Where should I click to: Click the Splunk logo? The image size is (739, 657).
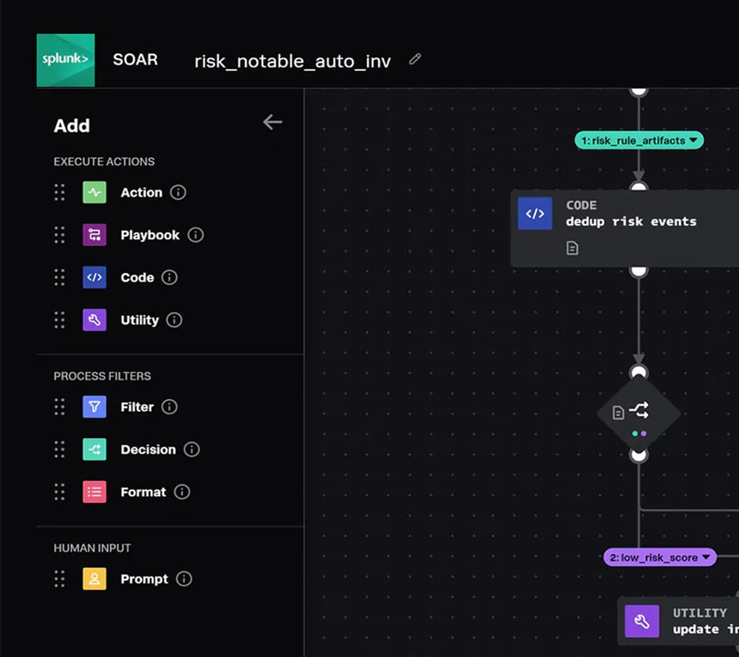click(66, 60)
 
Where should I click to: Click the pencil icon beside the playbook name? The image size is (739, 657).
click(415, 60)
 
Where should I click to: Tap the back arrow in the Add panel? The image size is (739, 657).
click(272, 121)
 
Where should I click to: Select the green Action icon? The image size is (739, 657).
click(94, 193)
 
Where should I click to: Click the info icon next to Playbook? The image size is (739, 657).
click(196, 235)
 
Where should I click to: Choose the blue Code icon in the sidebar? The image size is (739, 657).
click(94, 278)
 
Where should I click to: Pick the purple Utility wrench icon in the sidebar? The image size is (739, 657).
click(94, 321)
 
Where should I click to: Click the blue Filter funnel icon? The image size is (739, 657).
click(94, 407)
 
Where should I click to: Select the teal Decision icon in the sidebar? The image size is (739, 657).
click(94, 450)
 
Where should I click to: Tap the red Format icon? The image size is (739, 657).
click(94, 492)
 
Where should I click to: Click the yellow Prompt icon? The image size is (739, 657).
click(94, 579)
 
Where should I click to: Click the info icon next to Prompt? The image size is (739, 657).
click(184, 579)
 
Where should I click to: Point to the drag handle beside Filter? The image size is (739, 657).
click(59, 407)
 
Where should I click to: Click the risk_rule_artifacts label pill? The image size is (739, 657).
click(638, 140)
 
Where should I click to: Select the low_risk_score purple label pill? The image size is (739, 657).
click(660, 558)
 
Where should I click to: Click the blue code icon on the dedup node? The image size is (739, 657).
click(535, 213)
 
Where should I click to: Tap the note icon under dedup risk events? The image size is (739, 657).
click(572, 248)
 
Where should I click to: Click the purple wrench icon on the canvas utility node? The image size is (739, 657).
click(642, 621)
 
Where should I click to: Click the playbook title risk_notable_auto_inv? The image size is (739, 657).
click(293, 61)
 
